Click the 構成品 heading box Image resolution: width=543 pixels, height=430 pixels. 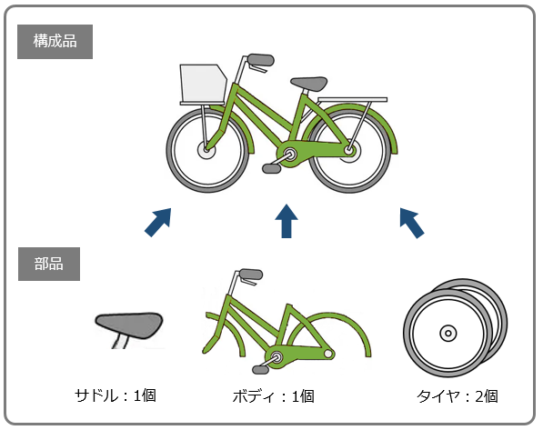pos(55,42)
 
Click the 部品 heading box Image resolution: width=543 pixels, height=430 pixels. pos(49,264)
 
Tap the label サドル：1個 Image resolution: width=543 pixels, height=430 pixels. pos(116,395)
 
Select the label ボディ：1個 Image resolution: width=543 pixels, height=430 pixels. pos(273,396)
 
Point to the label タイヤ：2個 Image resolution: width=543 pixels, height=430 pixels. pos(458,396)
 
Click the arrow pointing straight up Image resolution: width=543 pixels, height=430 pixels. pos(287,221)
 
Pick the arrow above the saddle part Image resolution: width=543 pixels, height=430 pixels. pos(158,222)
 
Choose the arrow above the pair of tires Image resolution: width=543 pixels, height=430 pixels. pos(412,223)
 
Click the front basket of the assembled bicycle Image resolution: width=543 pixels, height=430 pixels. pos(203,85)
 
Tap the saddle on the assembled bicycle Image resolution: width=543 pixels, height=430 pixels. pos(308,84)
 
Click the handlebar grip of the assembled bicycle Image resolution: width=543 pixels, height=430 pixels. pos(261,60)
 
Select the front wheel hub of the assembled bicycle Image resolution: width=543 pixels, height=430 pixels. pos(206,151)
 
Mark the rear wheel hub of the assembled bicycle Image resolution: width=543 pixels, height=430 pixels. pos(350,151)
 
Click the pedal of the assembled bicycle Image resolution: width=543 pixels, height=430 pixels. pos(271,168)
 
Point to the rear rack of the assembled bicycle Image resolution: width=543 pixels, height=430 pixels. pos(352,100)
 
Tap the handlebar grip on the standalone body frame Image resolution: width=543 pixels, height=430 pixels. pos(251,275)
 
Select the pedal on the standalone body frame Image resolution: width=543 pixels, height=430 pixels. pos(261,370)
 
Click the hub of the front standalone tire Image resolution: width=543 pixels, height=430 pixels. pos(448,334)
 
